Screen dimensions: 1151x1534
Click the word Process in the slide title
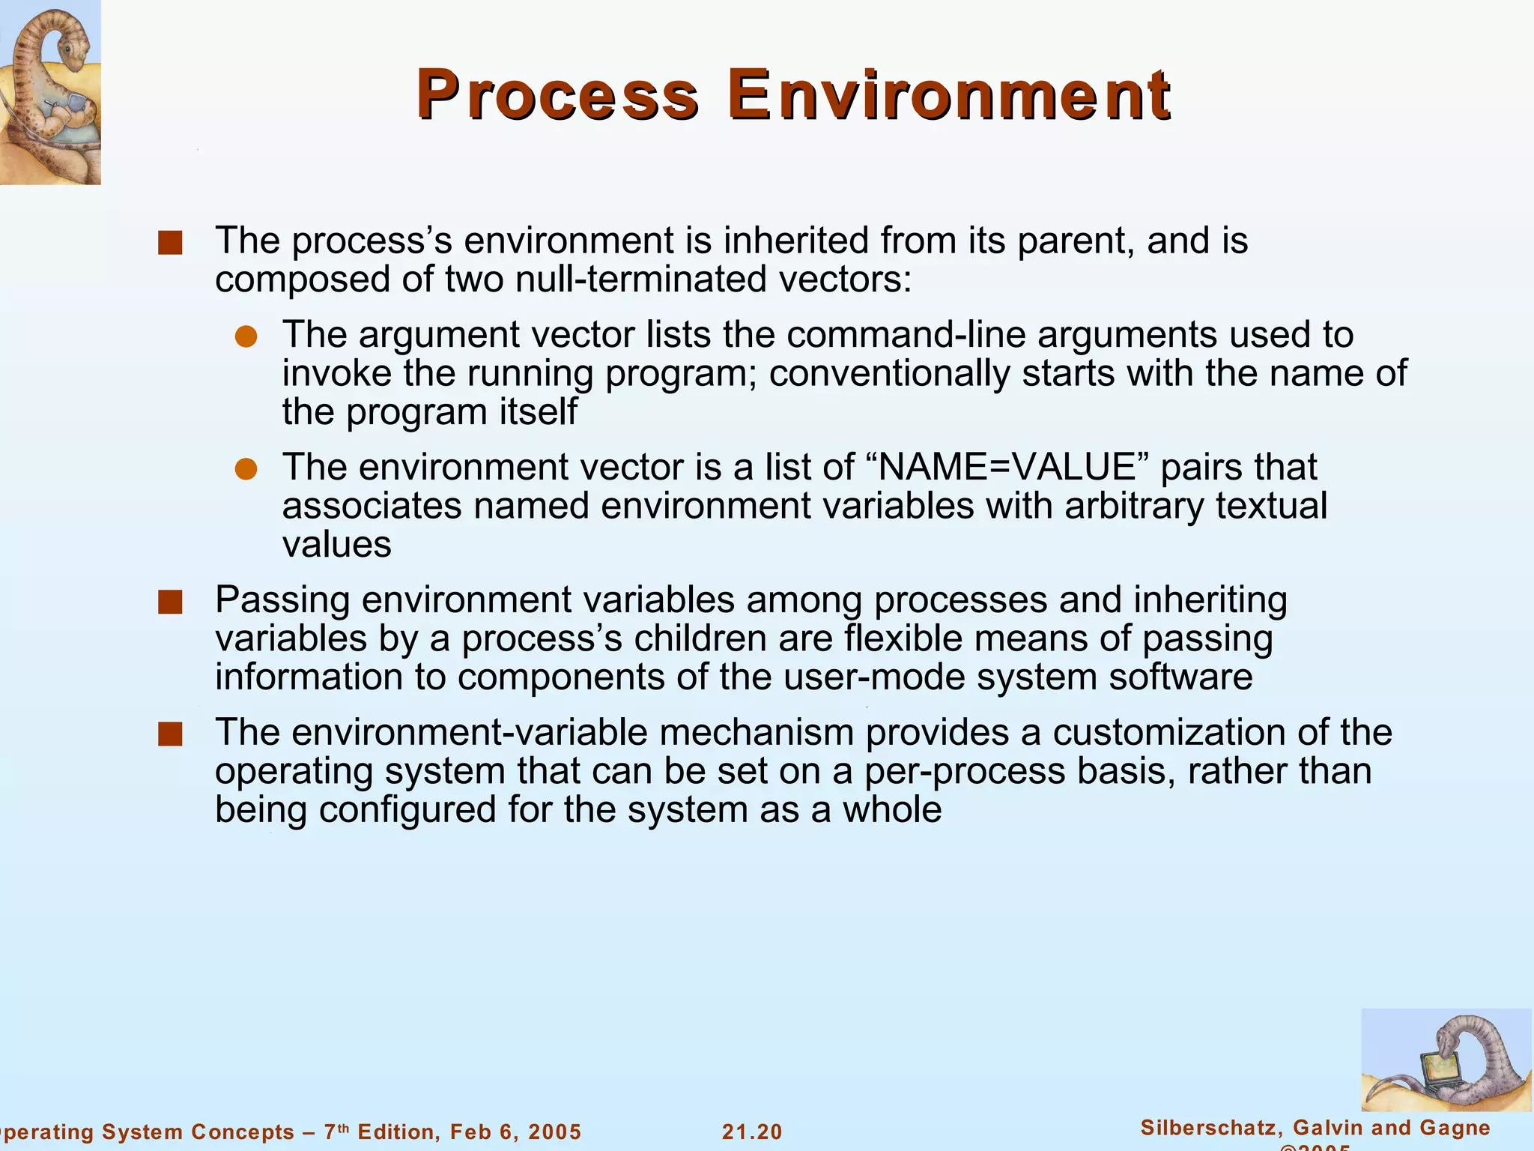[x=557, y=96]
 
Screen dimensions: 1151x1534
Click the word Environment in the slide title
[x=948, y=96]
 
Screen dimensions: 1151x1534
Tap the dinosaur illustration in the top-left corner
[x=49, y=91]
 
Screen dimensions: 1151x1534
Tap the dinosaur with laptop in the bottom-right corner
[x=1446, y=1060]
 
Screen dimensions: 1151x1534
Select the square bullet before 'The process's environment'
[x=170, y=244]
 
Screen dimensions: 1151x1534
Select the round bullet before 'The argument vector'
[x=246, y=336]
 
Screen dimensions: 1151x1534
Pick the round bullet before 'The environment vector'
[x=246, y=469]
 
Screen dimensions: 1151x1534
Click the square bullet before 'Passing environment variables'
[x=170, y=602]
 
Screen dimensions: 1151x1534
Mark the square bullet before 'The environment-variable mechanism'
[x=170, y=734]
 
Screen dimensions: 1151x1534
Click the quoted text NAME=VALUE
[x=1007, y=467]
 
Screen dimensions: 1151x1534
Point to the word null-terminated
[x=643, y=280]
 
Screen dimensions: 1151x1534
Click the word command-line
[x=906, y=334]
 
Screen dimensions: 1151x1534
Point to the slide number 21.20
[x=752, y=1132]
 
